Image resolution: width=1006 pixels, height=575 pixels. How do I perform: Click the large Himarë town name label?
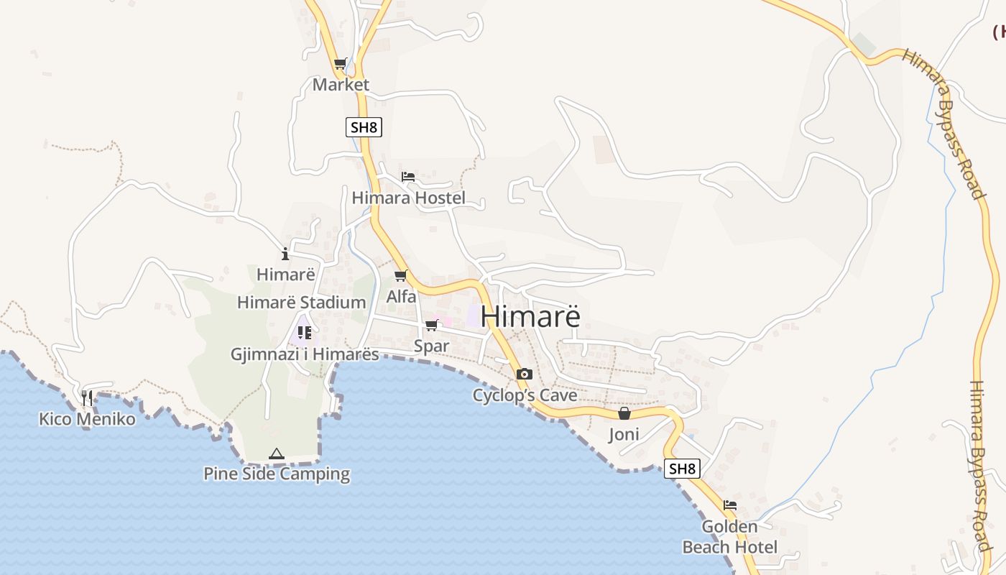point(530,316)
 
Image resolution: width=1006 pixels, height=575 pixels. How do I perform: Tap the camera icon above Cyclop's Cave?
point(525,374)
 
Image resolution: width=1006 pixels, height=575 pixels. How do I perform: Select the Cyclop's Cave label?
point(525,395)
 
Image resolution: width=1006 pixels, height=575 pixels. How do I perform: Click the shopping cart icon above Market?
point(341,63)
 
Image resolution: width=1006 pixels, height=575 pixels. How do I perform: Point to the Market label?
point(341,85)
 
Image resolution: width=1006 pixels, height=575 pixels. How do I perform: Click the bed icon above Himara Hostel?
point(408,176)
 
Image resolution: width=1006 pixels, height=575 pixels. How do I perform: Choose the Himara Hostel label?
point(408,198)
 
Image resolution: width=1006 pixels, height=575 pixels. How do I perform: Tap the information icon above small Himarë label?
point(285,253)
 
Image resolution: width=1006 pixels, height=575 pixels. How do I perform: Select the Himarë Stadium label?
point(302,303)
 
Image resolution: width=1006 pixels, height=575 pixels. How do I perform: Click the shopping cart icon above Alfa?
point(401,275)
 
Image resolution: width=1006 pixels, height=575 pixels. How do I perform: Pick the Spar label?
point(431,346)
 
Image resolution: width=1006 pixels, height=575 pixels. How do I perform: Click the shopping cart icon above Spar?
point(431,326)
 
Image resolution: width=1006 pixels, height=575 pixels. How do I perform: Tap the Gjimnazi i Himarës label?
point(305,354)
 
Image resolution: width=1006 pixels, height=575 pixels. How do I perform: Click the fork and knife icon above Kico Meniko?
point(87,397)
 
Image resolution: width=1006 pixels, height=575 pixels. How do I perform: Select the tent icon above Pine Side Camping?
point(277,454)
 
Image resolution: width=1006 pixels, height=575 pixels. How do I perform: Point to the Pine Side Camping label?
point(277,474)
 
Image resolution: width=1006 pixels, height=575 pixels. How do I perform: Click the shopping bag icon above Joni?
point(624,414)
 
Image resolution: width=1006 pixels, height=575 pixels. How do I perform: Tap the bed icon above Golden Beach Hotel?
point(730,505)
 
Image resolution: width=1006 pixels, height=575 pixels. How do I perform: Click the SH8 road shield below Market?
point(364,128)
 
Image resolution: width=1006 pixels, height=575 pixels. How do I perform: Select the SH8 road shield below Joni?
point(681,469)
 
